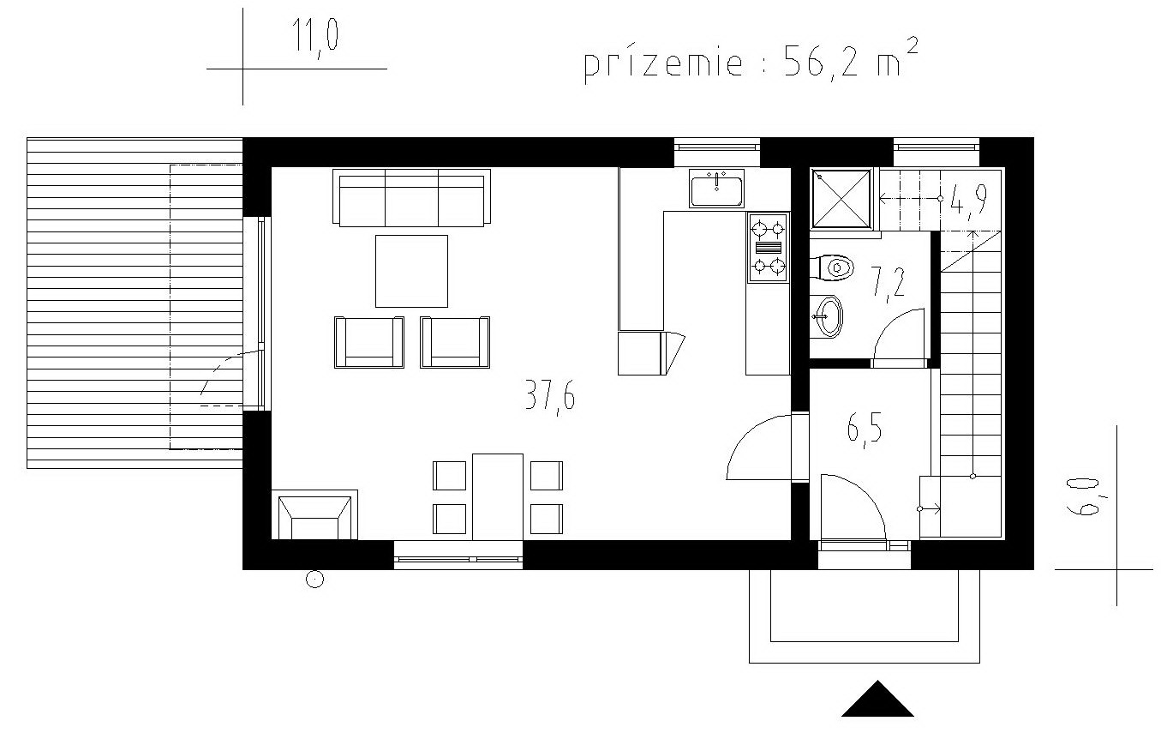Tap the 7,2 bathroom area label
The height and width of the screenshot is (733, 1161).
(x=888, y=283)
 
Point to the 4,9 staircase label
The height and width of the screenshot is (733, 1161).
(x=969, y=199)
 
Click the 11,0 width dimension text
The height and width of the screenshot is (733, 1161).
(x=315, y=36)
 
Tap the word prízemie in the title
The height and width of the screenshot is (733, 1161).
(x=663, y=64)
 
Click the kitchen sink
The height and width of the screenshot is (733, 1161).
(x=716, y=189)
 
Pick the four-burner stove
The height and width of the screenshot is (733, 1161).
(x=768, y=248)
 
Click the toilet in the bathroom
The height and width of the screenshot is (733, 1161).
(x=831, y=267)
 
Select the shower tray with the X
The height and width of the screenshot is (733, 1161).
(x=841, y=199)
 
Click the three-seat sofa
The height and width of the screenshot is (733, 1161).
(x=411, y=198)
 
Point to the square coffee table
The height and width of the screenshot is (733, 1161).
(x=411, y=271)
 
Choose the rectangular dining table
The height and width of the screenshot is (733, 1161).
(x=498, y=497)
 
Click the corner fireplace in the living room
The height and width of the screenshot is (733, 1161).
(x=314, y=514)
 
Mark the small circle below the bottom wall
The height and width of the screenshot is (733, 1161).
(x=314, y=579)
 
